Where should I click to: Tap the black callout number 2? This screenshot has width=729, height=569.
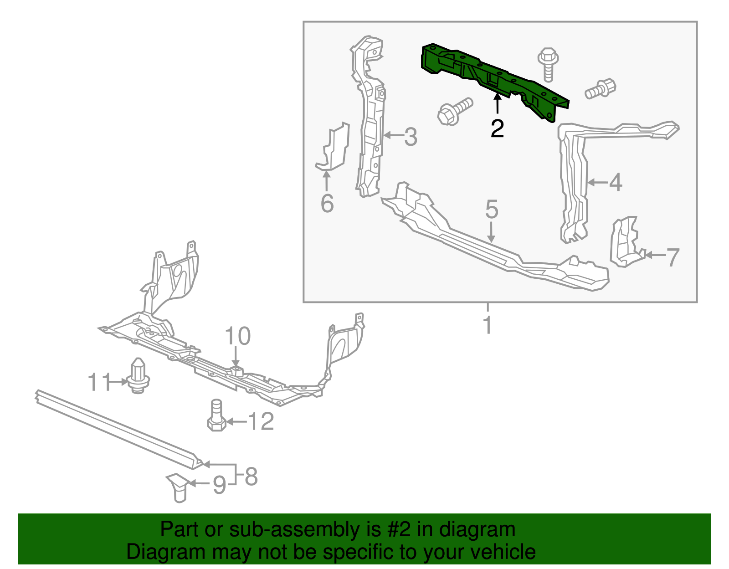coord(497,129)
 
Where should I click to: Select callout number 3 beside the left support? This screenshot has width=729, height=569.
coord(411,137)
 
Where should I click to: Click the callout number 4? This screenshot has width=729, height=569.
coord(616,183)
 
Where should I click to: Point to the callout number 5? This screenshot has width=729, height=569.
coord(492,210)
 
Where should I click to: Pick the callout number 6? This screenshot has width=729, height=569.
coord(327,203)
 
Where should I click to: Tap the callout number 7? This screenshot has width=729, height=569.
coord(673,257)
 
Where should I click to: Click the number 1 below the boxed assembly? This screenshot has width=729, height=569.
coord(488,325)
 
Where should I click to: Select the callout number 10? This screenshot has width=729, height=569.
coord(237,337)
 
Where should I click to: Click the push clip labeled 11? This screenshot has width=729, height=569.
coord(138,376)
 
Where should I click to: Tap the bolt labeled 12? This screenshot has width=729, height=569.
coord(217,415)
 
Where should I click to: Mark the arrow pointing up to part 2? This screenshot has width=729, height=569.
coord(497,103)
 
